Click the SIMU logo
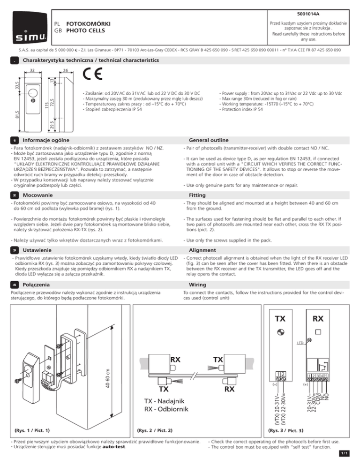[29, 28]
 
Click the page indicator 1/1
[352, 460]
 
